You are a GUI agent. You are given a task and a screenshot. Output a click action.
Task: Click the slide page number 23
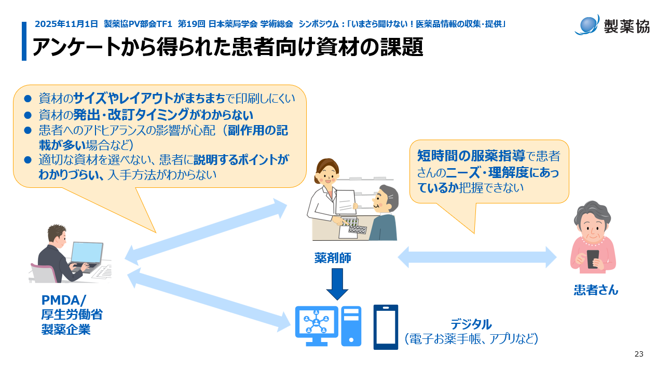tap(639, 354)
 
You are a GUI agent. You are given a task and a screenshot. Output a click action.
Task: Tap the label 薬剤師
tap(333, 258)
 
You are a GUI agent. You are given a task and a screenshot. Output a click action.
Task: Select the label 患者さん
tap(596, 290)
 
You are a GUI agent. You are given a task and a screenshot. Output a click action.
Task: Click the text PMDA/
tap(64, 300)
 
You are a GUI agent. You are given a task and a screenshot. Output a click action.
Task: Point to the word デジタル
tap(470, 325)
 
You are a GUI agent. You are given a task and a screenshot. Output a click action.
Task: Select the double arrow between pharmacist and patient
tap(477, 257)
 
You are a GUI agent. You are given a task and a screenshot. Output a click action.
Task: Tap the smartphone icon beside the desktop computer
tap(386, 326)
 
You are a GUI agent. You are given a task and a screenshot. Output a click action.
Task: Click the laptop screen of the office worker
tap(86, 253)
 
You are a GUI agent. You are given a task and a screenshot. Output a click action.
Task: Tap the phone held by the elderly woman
tap(593, 258)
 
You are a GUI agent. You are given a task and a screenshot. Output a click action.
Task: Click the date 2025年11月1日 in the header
tap(66, 24)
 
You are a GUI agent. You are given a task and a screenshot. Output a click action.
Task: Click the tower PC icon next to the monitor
tap(351, 326)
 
